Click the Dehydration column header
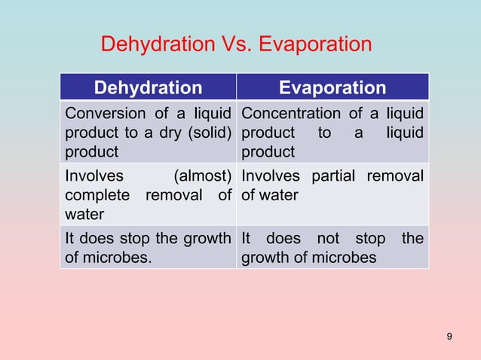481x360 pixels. coord(148,87)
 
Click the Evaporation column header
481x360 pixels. coord(332,87)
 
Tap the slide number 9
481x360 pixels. coord(450,335)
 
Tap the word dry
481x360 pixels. coord(175,133)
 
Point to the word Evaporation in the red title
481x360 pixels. coord(315,44)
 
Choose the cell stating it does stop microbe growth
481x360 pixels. coord(148,248)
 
